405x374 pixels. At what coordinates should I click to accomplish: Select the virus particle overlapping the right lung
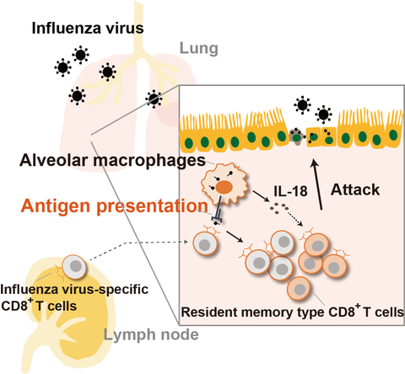[x=153, y=99]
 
